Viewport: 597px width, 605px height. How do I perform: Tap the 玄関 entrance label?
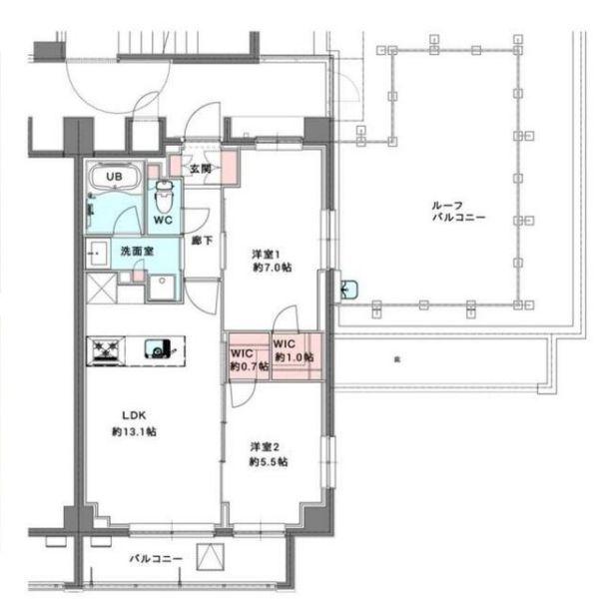[202, 169]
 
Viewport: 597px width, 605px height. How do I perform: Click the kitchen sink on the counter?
[158, 348]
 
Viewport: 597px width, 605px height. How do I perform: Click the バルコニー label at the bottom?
[156, 558]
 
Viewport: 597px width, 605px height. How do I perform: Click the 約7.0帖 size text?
[271, 268]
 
